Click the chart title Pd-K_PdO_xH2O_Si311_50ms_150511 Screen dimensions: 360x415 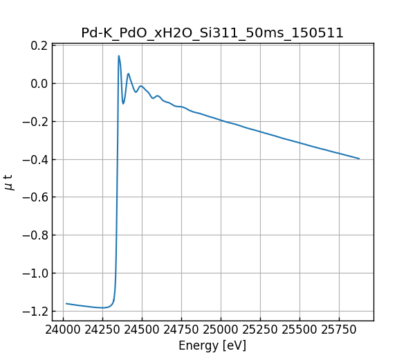(x=212, y=33)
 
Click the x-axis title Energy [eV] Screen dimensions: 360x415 (x=212, y=345)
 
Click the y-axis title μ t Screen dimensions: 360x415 (x=8, y=182)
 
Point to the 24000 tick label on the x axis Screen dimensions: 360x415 (x=64, y=330)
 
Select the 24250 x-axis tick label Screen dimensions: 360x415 (x=103, y=330)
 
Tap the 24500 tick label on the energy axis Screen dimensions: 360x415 (x=142, y=330)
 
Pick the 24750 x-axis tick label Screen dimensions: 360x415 (x=181, y=330)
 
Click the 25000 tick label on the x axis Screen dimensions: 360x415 (x=221, y=330)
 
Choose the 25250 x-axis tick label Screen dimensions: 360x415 (x=260, y=330)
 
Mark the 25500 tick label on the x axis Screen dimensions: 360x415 (x=299, y=330)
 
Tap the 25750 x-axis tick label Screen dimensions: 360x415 (x=338, y=330)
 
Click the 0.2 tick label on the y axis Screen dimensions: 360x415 (x=39, y=46)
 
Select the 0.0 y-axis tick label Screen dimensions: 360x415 (x=39, y=84)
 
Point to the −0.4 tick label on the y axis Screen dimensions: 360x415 (x=35, y=159)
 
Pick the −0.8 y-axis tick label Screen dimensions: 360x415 (x=35, y=235)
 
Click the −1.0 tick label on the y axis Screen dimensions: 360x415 (x=35, y=273)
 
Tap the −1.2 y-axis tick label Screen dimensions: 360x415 (x=35, y=311)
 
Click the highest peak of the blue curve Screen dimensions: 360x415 (x=119, y=56)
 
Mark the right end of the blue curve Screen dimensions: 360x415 (x=359, y=159)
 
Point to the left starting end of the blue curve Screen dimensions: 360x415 (x=66, y=303)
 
